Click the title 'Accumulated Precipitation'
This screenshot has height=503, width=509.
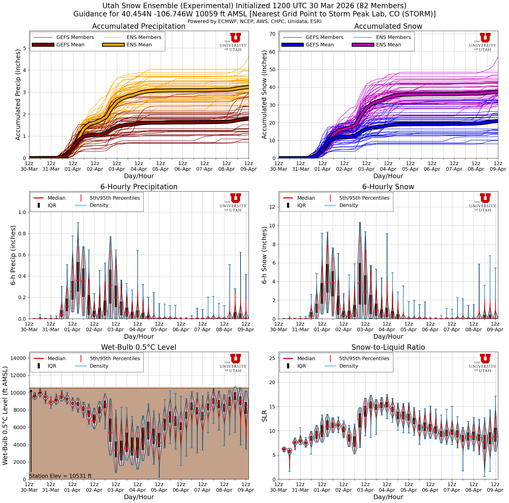[x=139, y=26]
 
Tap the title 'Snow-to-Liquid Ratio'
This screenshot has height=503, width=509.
[x=388, y=347]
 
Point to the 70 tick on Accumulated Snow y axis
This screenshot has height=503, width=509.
[x=272, y=34]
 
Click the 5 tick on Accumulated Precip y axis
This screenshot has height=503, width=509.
[x=25, y=48]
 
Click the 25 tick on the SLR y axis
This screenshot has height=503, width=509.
[x=272, y=358]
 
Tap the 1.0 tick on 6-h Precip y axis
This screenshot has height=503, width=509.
[x=22, y=213]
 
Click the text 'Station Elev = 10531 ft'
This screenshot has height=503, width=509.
[x=60, y=476]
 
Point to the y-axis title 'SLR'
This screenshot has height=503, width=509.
[x=265, y=416]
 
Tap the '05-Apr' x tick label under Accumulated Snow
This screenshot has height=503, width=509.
[x=410, y=169]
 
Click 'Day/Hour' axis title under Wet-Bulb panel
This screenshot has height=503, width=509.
[x=139, y=497]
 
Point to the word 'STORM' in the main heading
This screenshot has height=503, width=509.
[x=420, y=14]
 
